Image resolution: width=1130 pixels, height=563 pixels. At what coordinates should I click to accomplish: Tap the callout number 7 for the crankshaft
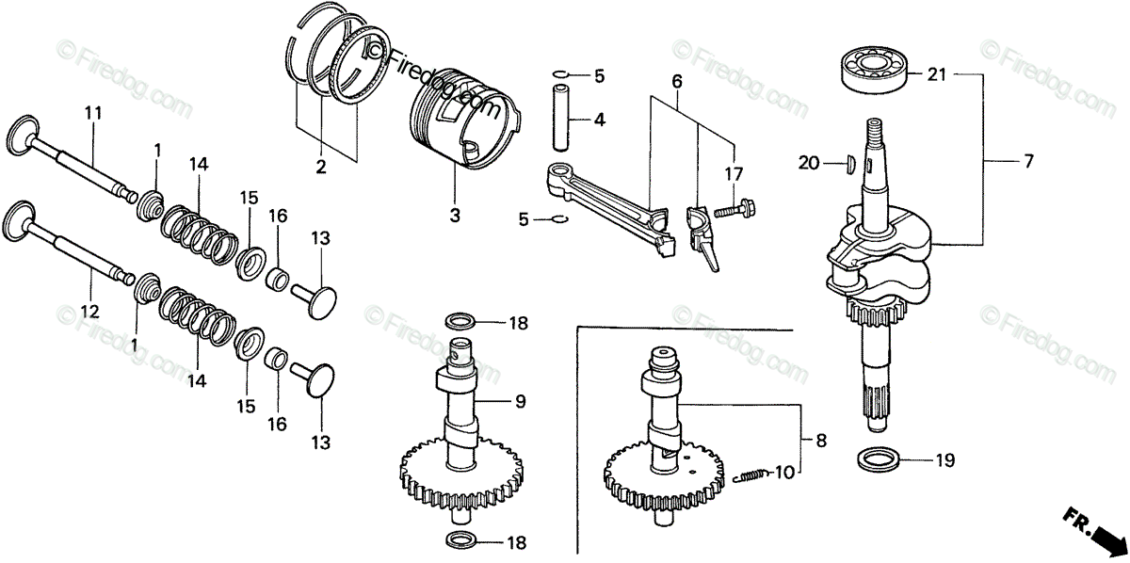[1027, 162]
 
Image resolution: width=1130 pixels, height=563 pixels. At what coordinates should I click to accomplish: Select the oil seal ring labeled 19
[879, 460]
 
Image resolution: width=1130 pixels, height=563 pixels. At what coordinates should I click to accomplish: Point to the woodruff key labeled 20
[847, 163]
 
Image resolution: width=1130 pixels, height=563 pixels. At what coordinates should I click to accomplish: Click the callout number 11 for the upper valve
[92, 114]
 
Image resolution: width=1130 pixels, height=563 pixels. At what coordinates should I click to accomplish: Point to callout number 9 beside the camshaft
[520, 402]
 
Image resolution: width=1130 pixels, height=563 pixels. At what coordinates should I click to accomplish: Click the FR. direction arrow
[1097, 533]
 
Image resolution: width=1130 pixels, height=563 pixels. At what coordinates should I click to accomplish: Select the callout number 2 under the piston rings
[321, 168]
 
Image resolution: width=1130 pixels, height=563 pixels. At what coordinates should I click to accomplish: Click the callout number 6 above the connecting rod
[676, 82]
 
